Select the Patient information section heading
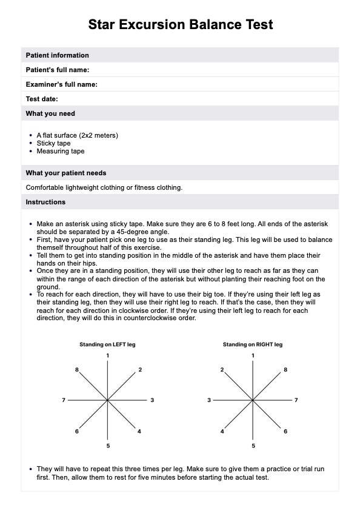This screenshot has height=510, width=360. click(x=57, y=55)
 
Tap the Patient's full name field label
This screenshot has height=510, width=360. click(x=58, y=70)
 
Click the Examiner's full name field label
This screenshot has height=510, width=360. click(x=62, y=84)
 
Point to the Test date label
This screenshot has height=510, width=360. click(x=42, y=99)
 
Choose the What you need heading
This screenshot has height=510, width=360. click(x=50, y=113)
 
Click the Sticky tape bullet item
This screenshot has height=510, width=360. click(x=54, y=144)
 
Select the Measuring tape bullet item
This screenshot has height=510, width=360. click(x=61, y=151)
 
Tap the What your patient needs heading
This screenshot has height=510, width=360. click(x=66, y=173)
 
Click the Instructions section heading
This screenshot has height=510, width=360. click(x=45, y=202)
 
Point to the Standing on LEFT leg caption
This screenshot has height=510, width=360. click(x=107, y=344)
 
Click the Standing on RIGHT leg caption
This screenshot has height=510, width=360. click(x=253, y=344)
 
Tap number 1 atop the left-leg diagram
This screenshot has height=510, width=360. click(x=108, y=355)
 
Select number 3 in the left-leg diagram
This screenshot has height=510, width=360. click(x=152, y=400)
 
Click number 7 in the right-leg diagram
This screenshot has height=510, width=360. click(x=296, y=400)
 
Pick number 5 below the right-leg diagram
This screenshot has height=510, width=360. click(x=253, y=446)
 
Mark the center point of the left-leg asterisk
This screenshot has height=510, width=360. click(x=107, y=400)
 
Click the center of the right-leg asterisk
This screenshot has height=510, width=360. click(x=253, y=400)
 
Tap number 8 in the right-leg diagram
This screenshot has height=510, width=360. click(x=285, y=369)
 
